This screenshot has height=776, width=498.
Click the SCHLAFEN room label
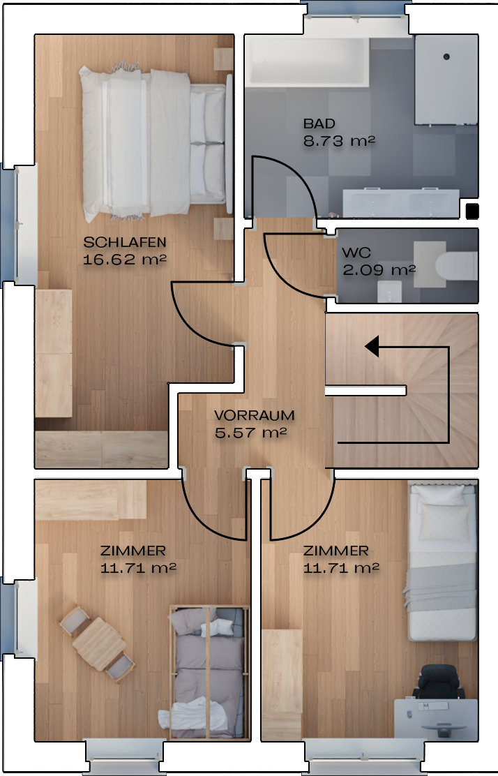(x=125, y=242)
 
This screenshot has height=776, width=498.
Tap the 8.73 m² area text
(x=339, y=141)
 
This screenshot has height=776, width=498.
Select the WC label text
(x=356, y=253)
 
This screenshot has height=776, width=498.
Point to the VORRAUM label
(x=254, y=415)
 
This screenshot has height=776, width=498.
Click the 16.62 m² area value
(x=124, y=260)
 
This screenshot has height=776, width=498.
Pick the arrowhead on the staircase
(x=372, y=346)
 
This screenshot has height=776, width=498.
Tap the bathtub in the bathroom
(x=307, y=62)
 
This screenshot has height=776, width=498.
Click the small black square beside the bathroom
(x=472, y=211)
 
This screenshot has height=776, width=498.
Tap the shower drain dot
(x=446, y=57)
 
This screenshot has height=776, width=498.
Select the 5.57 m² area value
(x=250, y=433)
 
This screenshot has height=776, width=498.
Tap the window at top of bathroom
(x=355, y=11)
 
